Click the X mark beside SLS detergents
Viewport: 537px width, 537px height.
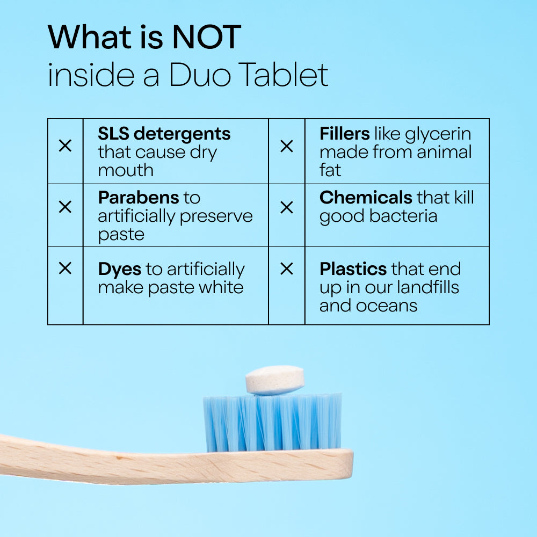pyautogui.click(x=65, y=146)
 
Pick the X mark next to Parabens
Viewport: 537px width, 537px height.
pyautogui.click(x=65, y=207)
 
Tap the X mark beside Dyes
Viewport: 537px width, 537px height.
pyautogui.click(x=65, y=268)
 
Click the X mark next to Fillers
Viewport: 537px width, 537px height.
pyautogui.click(x=287, y=146)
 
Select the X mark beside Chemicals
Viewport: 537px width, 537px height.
pyautogui.click(x=287, y=207)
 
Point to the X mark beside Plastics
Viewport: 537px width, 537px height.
pyautogui.click(x=287, y=268)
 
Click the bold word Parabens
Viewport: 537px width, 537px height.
pyautogui.click(x=139, y=198)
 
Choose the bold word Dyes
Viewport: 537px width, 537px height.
pyautogui.click(x=120, y=270)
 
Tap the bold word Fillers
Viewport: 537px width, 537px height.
pyautogui.click(x=345, y=134)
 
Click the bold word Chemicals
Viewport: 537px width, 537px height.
pyautogui.click(x=366, y=198)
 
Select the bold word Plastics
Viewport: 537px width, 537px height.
pyautogui.click(x=353, y=269)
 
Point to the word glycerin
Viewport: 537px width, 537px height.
pyautogui.click(x=438, y=135)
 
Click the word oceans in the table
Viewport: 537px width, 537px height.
pyautogui.click(x=387, y=306)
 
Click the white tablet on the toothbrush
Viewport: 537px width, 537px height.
pyautogui.click(x=275, y=380)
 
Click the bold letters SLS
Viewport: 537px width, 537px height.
pyautogui.click(x=113, y=134)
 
